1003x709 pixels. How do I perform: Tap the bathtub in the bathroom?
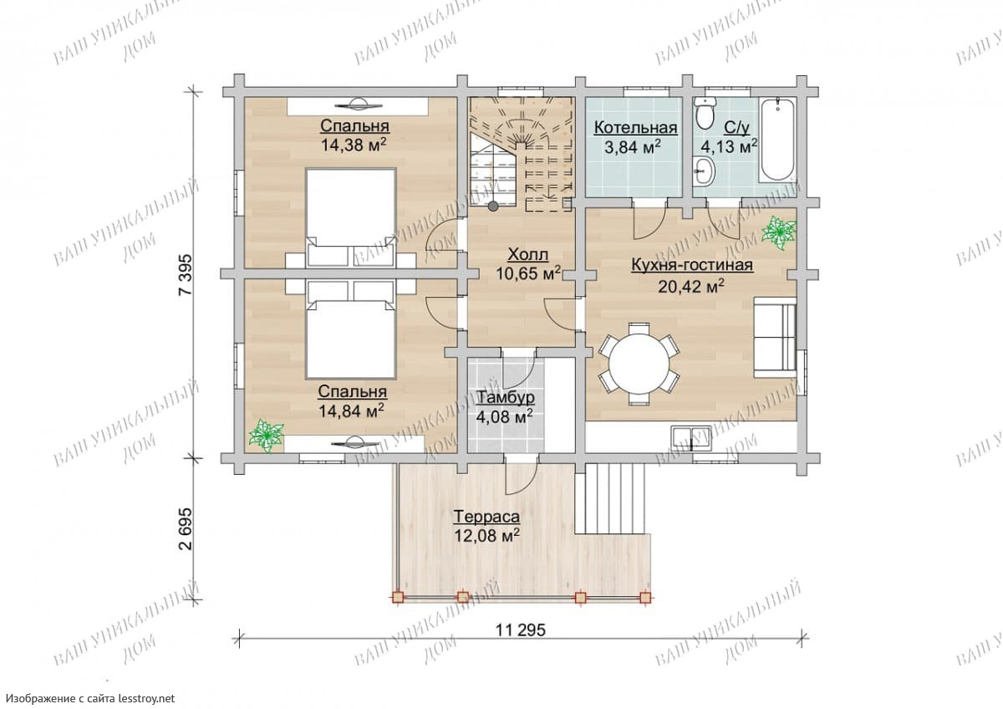[777, 140]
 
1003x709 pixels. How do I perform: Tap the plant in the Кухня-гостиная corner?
[779, 233]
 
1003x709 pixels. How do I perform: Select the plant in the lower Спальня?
[267, 436]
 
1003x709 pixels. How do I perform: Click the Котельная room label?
[635, 128]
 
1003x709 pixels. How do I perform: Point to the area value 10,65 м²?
[528, 273]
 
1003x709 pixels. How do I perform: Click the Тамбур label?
[506, 397]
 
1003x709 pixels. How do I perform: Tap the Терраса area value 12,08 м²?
[486, 535]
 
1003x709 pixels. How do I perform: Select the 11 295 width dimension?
[520, 631]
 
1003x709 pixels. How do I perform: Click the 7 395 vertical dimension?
[185, 274]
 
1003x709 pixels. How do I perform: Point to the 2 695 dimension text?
[185, 529]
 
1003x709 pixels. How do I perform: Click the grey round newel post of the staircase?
[493, 206]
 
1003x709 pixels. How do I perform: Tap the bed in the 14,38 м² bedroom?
[351, 218]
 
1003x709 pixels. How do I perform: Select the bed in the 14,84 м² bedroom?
[351, 329]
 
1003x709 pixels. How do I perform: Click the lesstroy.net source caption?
[90, 698]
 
